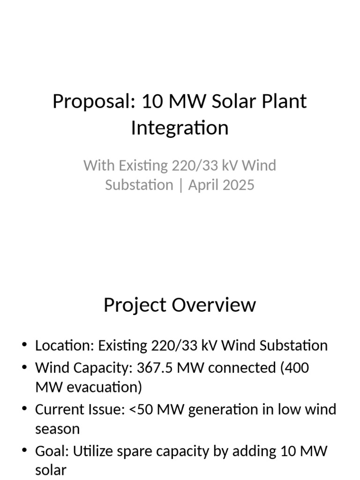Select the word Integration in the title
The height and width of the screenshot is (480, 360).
click(x=180, y=128)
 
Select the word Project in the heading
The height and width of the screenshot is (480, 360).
click(x=135, y=305)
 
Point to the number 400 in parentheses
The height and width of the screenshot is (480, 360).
click(x=294, y=368)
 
